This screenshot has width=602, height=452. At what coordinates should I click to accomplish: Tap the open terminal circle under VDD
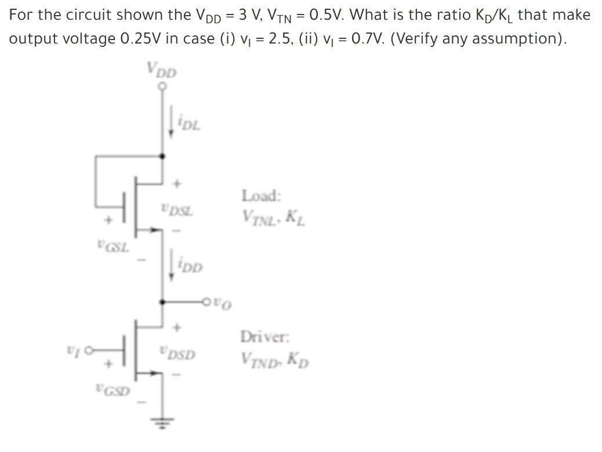[x=162, y=86]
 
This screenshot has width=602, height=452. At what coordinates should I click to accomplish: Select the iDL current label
[x=188, y=123]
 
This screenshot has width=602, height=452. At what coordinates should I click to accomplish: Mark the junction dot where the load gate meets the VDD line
[x=162, y=156]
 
